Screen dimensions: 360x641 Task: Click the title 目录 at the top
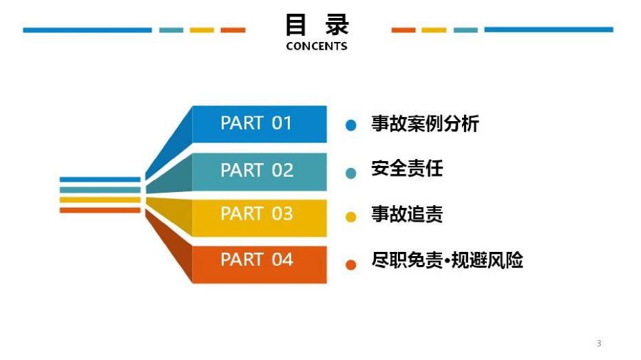click(x=317, y=25)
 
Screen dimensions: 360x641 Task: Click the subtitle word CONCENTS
click(x=317, y=47)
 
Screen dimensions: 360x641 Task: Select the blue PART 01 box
click(x=259, y=124)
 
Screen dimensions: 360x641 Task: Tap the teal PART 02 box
click(x=259, y=171)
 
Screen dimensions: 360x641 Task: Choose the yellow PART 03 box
click(x=259, y=215)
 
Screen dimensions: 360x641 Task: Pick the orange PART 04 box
click(x=259, y=262)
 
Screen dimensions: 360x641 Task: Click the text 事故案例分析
click(x=425, y=124)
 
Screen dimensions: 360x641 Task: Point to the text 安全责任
click(x=407, y=168)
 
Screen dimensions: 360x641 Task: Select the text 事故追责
click(x=407, y=214)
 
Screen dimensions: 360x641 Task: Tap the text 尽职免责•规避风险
click(x=447, y=261)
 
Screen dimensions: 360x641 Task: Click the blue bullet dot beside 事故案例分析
click(x=351, y=125)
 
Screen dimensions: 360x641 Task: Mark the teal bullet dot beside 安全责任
click(x=351, y=173)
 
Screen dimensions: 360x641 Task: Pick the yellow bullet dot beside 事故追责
click(x=351, y=218)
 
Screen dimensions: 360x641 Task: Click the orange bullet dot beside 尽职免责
click(x=351, y=264)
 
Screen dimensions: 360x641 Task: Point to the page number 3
click(x=598, y=343)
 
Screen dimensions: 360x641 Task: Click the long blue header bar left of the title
click(x=87, y=30)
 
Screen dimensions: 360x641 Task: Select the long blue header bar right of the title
click(x=548, y=30)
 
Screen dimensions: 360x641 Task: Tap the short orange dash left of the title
click(x=233, y=30)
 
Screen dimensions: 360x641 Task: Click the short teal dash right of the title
click(x=465, y=30)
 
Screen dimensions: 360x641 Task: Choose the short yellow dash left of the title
click(x=202, y=30)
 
